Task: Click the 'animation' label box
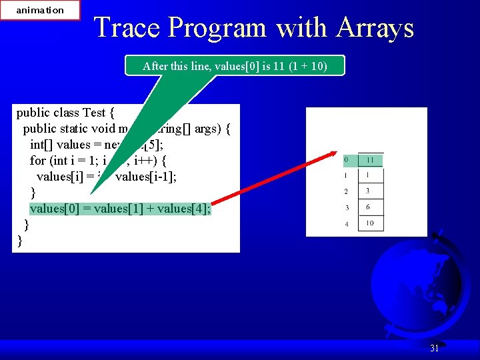[x=40, y=10]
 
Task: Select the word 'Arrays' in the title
[x=375, y=28]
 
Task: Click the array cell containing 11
[x=371, y=161]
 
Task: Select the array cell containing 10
[x=371, y=223]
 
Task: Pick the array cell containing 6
[x=371, y=207]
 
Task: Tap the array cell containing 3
[x=371, y=191]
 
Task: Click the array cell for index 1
[x=371, y=176]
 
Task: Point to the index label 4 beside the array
[x=346, y=224]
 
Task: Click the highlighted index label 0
[x=346, y=161]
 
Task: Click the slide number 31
[x=434, y=348]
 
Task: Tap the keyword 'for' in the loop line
[x=38, y=160]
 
